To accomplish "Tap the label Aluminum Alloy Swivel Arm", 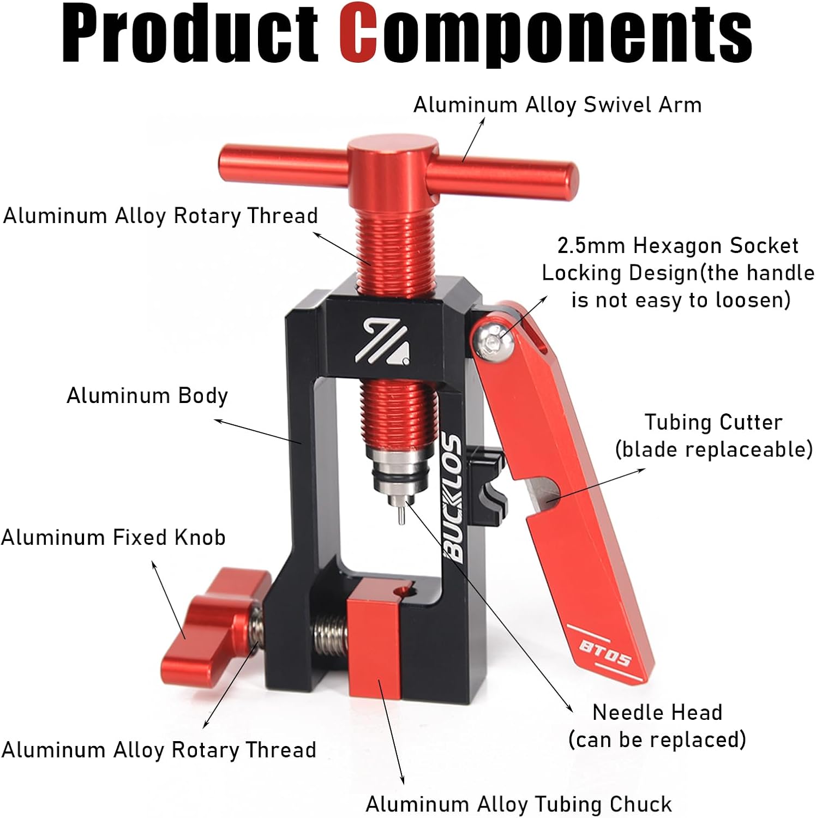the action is (x=557, y=105).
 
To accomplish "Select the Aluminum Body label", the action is (x=147, y=395).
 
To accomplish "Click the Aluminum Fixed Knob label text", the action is (x=113, y=538).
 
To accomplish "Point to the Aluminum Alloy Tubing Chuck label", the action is (x=518, y=804).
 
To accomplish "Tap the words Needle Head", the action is (x=657, y=712).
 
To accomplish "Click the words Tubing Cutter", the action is (x=713, y=422).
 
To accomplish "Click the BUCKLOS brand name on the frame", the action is (x=453, y=496).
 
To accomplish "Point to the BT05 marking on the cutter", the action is (x=604, y=653).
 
